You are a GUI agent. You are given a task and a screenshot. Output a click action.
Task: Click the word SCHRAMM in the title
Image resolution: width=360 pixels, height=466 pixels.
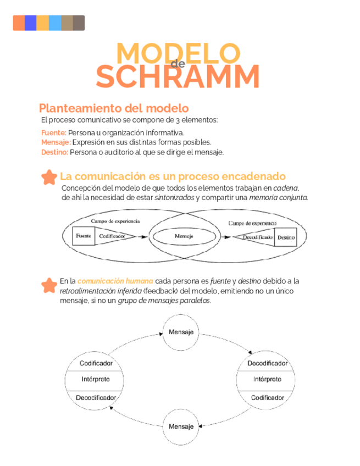tap(178, 76)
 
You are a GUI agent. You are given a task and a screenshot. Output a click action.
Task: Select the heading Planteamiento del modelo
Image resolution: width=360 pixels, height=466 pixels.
tap(114, 108)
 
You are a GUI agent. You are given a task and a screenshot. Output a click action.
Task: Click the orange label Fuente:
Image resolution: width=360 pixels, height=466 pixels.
tap(54, 132)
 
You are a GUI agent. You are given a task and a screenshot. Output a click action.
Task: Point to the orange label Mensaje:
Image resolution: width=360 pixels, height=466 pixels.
tap(56, 142)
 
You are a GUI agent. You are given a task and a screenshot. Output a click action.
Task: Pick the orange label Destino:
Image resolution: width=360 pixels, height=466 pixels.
tap(55, 152)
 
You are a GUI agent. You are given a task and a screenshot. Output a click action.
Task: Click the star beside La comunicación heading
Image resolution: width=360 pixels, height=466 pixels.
tap(49, 177)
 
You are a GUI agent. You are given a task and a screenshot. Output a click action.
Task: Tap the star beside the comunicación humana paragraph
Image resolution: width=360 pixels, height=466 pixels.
tap(49, 285)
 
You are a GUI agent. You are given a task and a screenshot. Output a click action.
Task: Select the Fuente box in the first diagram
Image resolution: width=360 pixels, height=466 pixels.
tap(84, 236)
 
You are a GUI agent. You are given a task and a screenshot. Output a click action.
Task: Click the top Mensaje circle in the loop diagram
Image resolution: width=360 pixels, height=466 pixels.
tap(181, 332)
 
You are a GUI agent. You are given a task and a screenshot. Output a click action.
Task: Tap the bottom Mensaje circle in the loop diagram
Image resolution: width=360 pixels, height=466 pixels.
tap(181, 426)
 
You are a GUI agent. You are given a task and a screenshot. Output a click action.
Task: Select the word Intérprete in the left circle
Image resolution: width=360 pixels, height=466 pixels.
tap(96, 380)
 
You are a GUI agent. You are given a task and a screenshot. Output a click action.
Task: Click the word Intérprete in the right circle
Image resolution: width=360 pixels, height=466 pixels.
tap(267, 380)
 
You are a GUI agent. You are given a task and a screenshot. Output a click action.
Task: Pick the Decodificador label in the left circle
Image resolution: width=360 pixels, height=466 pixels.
tap(96, 397)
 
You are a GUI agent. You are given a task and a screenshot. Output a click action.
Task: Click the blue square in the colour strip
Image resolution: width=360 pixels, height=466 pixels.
tap(31, 23)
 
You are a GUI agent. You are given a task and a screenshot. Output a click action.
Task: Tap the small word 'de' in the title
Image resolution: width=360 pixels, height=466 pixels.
tap(178, 64)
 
